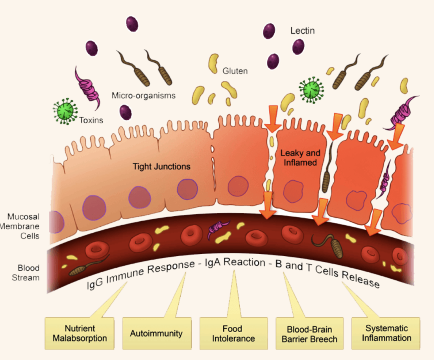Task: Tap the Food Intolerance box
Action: [233, 333]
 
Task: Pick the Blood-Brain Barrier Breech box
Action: [308, 333]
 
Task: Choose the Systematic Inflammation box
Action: [386, 333]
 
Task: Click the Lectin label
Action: [302, 31]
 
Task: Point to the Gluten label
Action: [235, 71]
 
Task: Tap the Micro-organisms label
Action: [143, 95]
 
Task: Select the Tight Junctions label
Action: [161, 167]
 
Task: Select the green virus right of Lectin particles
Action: [312, 89]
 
